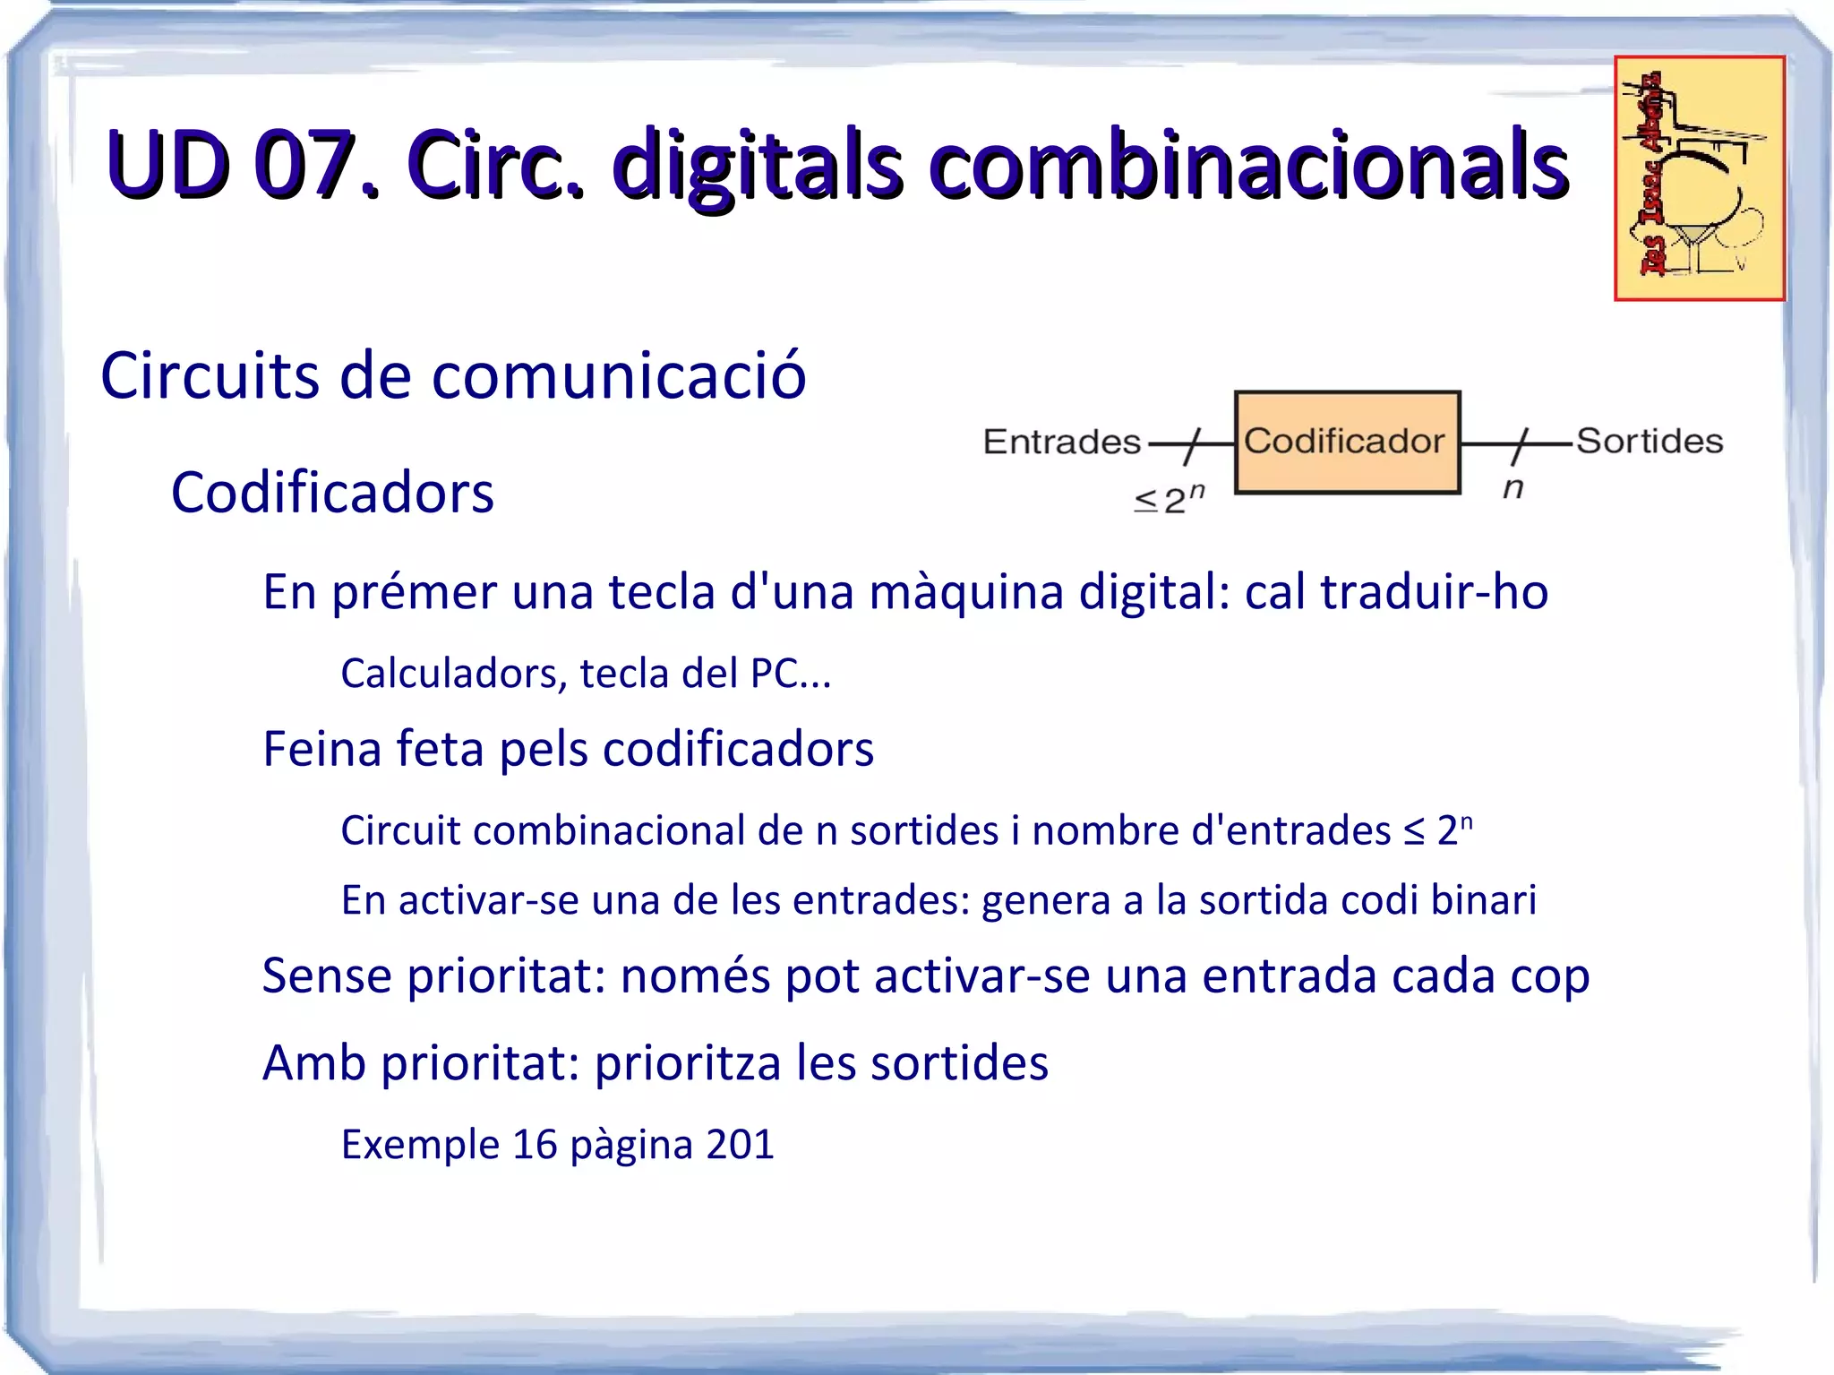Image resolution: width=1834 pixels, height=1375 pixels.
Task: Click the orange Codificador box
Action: (x=1347, y=442)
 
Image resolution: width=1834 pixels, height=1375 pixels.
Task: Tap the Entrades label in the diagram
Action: (x=1061, y=442)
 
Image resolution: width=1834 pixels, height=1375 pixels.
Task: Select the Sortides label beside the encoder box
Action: (x=1649, y=441)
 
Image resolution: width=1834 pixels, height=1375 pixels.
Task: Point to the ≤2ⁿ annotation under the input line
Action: (x=1170, y=499)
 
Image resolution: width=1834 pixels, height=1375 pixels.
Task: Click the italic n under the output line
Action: (x=1513, y=488)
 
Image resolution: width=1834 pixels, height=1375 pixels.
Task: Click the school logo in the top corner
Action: (x=1699, y=178)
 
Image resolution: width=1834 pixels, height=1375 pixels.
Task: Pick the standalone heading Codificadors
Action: (x=332, y=493)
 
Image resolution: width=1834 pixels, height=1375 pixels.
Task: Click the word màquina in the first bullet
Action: (x=965, y=592)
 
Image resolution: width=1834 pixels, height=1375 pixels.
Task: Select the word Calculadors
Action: (x=453, y=674)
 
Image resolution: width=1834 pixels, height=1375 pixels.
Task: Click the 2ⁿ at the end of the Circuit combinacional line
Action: (x=1454, y=829)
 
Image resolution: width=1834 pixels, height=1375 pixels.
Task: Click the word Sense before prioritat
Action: (x=326, y=975)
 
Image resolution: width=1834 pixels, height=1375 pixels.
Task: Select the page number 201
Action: (x=740, y=1145)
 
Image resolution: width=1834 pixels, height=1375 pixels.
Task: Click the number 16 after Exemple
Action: (x=535, y=1145)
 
